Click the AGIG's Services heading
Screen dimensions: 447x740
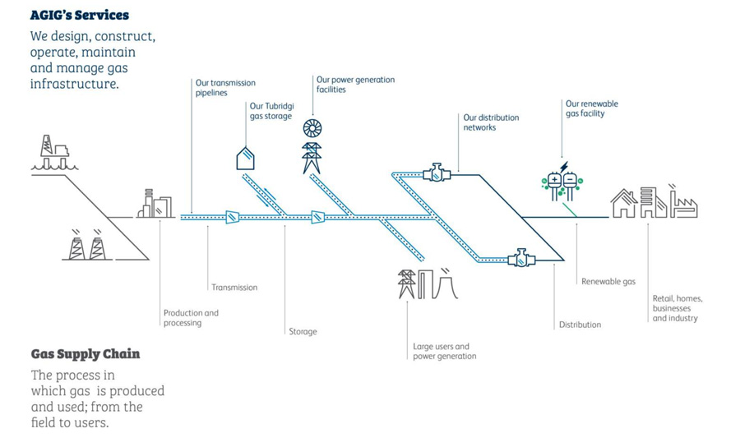[x=80, y=15]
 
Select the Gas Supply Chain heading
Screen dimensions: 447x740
[x=86, y=354]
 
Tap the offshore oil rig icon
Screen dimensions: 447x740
[x=55, y=153]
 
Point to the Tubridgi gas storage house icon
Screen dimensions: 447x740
[x=245, y=157]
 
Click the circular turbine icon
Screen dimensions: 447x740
[x=312, y=128]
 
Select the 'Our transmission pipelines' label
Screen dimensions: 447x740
[x=225, y=88]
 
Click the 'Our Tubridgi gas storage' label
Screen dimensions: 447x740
[x=271, y=111]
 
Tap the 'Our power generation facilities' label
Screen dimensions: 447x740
[x=355, y=85]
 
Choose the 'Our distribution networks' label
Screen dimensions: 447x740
[x=491, y=122]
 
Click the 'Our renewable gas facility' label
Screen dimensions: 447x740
[x=591, y=108]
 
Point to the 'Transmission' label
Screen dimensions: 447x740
[x=234, y=288]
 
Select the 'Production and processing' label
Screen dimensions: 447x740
[x=191, y=318]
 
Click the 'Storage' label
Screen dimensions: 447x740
[x=303, y=332]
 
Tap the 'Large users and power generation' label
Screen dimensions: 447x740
[x=444, y=352]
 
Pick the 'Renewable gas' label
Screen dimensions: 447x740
[x=608, y=282]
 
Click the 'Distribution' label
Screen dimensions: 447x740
[x=580, y=325]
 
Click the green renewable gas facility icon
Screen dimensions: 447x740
[x=562, y=183]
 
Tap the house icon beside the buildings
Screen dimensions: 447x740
[x=623, y=204]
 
